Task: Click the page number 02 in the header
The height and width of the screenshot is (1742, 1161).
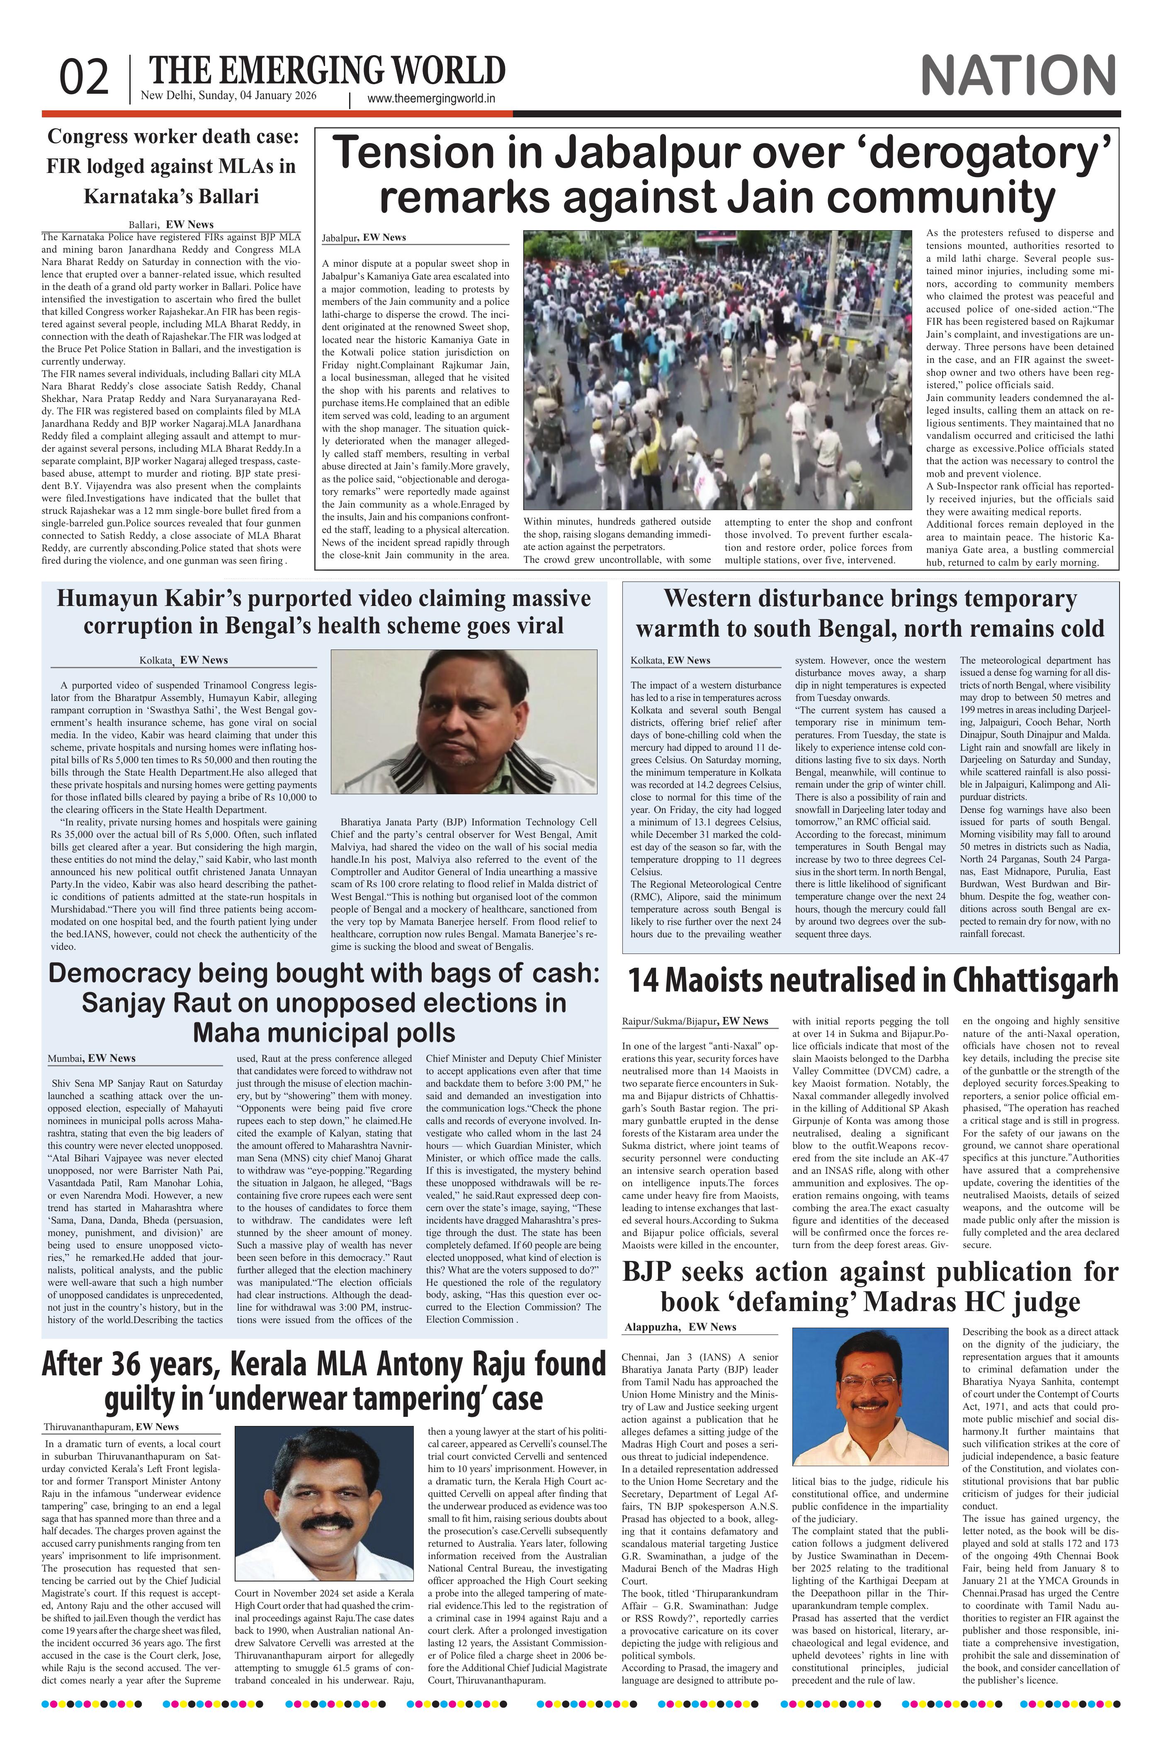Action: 85,78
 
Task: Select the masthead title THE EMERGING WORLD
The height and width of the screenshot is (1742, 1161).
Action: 327,71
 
